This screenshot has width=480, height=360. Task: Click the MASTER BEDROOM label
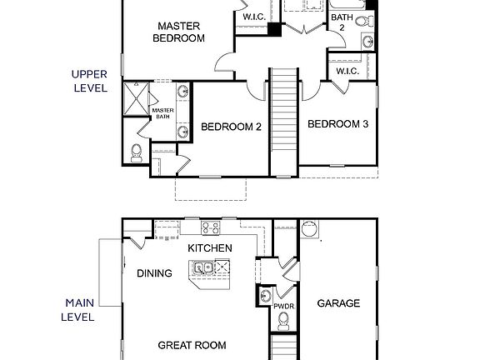pyautogui.click(x=181, y=32)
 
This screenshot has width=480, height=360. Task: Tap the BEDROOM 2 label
pyautogui.click(x=232, y=127)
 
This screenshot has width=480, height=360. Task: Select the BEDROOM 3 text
pyautogui.click(x=337, y=124)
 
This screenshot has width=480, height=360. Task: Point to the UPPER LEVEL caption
pyautogui.click(x=89, y=80)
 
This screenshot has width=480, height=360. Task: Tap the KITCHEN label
pyautogui.click(x=209, y=248)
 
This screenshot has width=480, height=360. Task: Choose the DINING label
pyautogui.click(x=154, y=273)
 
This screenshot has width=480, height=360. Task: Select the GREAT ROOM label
pyautogui.click(x=192, y=345)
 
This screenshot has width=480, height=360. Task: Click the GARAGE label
pyautogui.click(x=338, y=303)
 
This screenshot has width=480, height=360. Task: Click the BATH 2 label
pyautogui.click(x=341, y=22)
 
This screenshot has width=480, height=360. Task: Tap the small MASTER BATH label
pyautogui.click(x=162, y=112)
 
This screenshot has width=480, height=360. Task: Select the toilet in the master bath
pyautogui.click(x=137, y=151)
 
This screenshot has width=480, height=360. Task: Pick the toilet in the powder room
pyautogui.click(x=264, y=296)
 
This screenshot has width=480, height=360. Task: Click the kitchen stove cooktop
pyautogui.click(x=211, y=227)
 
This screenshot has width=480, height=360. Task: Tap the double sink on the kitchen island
pyautogui.click(x=201, y=268)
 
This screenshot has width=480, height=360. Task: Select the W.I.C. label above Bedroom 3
pyautogui.click(x=347, y=72)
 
